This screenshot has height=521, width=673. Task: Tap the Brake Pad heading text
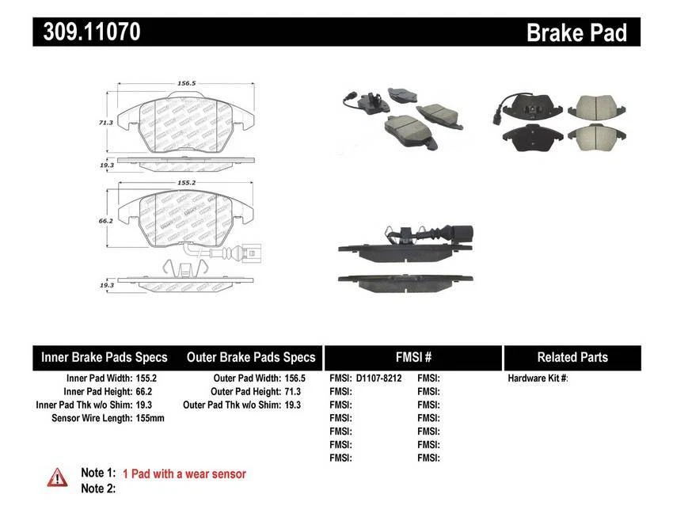click(x=576, y=32)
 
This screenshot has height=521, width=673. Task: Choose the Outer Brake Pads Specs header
click(x=251, y=357)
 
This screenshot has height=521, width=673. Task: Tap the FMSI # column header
click(x=413, y=357)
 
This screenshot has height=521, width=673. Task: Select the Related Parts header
click(x=572, y=357)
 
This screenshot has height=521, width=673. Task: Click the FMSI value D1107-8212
click(x=378, y=378)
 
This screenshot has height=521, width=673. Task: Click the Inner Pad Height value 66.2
click(x=143, y=391)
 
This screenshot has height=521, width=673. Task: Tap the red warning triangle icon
click(x=57, y=476)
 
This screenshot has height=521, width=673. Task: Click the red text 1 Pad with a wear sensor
click(x=184, y=473)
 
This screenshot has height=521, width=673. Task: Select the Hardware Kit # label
click(x=538, y=378)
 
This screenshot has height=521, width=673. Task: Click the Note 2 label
click(x=99, y=489)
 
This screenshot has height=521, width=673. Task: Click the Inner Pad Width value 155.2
click(x=145, y=378)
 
